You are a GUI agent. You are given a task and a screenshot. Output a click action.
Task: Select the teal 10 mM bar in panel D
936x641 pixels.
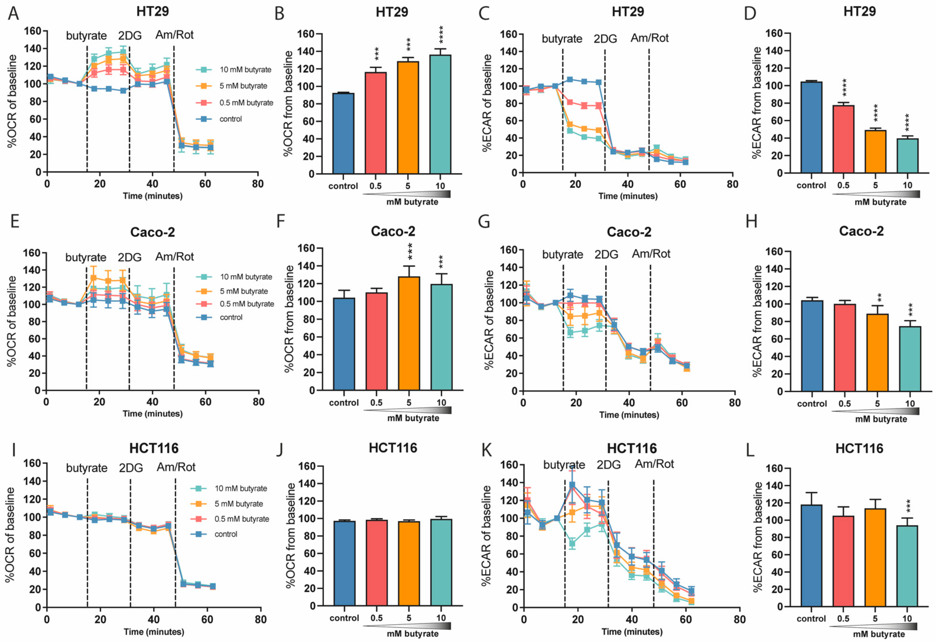[x=907, y=156]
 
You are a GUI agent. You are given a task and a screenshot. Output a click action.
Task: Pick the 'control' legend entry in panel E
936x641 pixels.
[x=231, y=317]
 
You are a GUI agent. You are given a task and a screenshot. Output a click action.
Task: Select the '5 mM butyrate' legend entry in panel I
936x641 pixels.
[x=238, y=504]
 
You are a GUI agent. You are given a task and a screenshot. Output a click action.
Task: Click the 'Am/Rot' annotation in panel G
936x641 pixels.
[x=651, y=254]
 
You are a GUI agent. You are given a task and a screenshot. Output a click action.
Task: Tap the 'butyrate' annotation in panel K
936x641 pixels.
[x=564, y=465]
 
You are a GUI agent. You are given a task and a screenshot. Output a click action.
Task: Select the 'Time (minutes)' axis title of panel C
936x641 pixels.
[x=628, y=196]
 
